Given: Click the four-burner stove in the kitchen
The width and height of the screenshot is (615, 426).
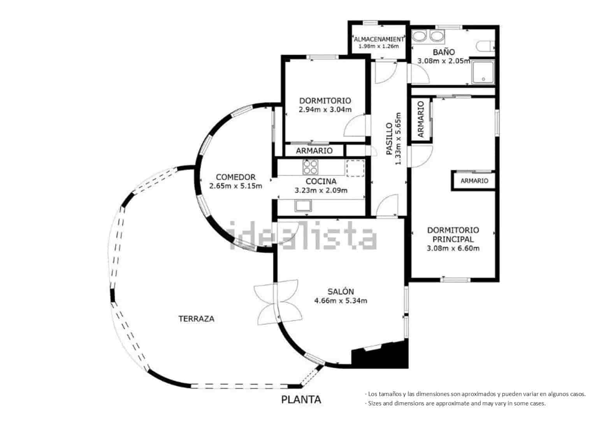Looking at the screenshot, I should tap(310, 167).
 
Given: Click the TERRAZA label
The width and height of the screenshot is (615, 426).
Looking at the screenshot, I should tap(196, 319).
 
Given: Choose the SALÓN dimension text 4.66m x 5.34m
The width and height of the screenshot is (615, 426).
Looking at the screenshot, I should tap(341, 301).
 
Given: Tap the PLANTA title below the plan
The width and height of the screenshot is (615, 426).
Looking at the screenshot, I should tap(301, 400).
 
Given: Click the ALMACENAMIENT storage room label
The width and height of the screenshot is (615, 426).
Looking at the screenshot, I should tap(378, 39).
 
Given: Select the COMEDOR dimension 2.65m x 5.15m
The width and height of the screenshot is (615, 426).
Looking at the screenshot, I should tap(235, 186).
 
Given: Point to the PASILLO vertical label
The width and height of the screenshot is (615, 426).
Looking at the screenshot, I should tap(389, 139).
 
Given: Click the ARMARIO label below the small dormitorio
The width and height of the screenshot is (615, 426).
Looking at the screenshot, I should tap(314, 151).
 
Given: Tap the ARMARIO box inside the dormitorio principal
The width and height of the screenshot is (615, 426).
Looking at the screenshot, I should tap(474, 181).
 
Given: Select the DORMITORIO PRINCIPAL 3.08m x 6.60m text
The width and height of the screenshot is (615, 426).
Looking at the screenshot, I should tap(453, 248).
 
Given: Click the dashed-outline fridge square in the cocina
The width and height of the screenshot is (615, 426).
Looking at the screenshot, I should tap(355, 168).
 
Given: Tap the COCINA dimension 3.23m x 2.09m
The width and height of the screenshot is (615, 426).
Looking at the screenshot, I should tap(321, 190).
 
